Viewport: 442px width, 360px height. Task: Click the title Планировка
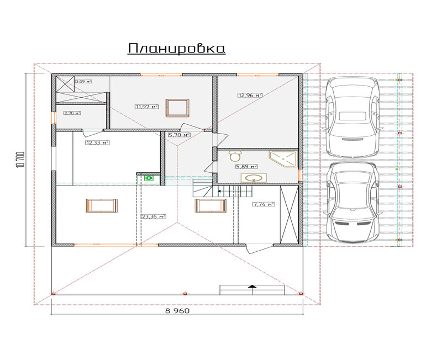pyautogui.click(x=177, y=49)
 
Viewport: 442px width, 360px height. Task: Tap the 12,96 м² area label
pyautogui.click(x=250, y=95)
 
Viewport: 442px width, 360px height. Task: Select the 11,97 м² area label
pyautogui.click(x=146, y=107)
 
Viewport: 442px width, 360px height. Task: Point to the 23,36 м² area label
pyautogui.click(x=154, y=216)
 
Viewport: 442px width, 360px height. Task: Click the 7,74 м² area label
pyautogui.click(x=264, y=204)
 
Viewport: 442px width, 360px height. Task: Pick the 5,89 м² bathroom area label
pyautogui.click(x=246, y=167)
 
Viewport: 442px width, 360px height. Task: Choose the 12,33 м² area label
pyautogui.click(x=97, y=142)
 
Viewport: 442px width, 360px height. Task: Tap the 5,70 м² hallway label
pyautogui.click(x=179, y=135)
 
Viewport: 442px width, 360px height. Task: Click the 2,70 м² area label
pyautogui.click(x=72, y=113)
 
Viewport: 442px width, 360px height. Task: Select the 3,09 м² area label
pyautogui.click(x=84, y=82)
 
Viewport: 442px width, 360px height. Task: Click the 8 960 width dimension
pyautogui.click(x=177, y=311)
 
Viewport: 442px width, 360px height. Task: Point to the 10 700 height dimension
pyautogui.click(x=21, y=160)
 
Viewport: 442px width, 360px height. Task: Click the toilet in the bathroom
pyautogui.click(x=235, y=156)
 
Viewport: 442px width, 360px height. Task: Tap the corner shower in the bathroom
pyautogui.click(x=283, y=159)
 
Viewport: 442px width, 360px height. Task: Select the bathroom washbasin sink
pyautogui.click(x=254, y=178)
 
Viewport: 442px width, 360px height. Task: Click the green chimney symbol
pyautogui.click(x=149, y=178)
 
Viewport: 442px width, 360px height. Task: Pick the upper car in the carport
pyautogui.click(x=352, y=117)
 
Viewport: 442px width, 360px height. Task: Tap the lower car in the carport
pyautogui.click(x=352, y=202)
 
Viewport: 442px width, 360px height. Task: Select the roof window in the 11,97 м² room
pyautogui.click(x=177, y=108)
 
